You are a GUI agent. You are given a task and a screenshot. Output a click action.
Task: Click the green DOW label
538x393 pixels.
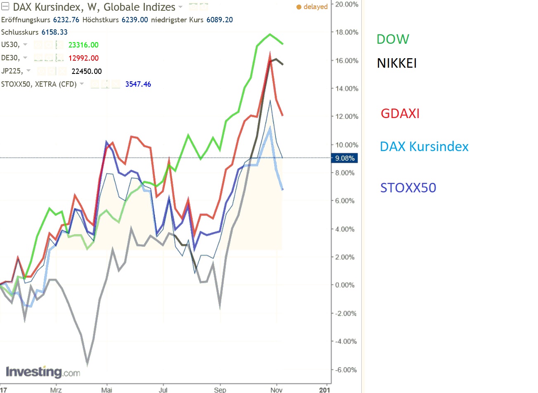click(x=393, y=39)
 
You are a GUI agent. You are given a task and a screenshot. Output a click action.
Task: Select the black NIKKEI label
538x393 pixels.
click(x=397, y=63)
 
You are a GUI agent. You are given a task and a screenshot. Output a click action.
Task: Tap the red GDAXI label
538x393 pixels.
click(x=400, y=114)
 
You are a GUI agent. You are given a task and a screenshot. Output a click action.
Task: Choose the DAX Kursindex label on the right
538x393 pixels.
click(x=424, y=147)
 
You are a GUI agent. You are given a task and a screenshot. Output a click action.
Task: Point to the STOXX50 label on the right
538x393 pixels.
click(x=408, y=188)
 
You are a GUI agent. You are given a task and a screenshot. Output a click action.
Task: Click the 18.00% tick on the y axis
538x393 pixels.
click(x=346, y=32)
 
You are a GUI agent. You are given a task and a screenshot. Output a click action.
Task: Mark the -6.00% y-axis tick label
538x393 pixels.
click(x=346, y=370)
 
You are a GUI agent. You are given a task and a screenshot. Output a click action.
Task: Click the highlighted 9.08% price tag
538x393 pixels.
click(x=345, y=158)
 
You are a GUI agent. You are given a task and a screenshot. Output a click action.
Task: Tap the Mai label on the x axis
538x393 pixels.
click(x=107, y=390)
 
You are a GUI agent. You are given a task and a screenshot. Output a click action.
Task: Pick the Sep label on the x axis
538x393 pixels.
click(x=220, y=390)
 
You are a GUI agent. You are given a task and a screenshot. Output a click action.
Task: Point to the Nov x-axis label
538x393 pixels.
click(x=276, y=390)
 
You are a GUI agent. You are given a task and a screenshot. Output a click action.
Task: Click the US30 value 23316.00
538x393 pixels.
click(x=83, y=45)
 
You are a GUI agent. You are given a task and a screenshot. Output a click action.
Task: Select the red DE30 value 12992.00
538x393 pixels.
click(x=83, y=58)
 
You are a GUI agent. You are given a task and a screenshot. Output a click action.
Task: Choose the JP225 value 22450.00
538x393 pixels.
click(x=87, y=71)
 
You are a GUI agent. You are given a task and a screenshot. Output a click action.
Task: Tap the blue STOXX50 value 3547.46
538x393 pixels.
click(x=138, y=84)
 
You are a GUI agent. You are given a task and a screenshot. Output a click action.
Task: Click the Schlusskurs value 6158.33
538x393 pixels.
click(x=55, y=32)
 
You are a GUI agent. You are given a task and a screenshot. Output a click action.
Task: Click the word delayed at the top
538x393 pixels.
click(x=315, y=7)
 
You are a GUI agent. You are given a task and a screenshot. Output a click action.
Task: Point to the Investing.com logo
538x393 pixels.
click(x=43, y=372)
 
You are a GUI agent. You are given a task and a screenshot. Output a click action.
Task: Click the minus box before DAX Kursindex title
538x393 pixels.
click(x=5, y=7)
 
